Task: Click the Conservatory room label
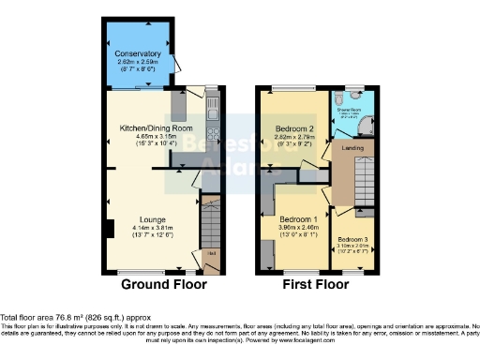coord(138,54)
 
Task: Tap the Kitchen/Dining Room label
coord(156,127)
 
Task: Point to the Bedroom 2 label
coord(294,127)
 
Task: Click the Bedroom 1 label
coord(299,218)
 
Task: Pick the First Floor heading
coord(317,284)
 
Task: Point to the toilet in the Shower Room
coord(337,97)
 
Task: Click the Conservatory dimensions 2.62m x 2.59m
coord(138,62)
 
